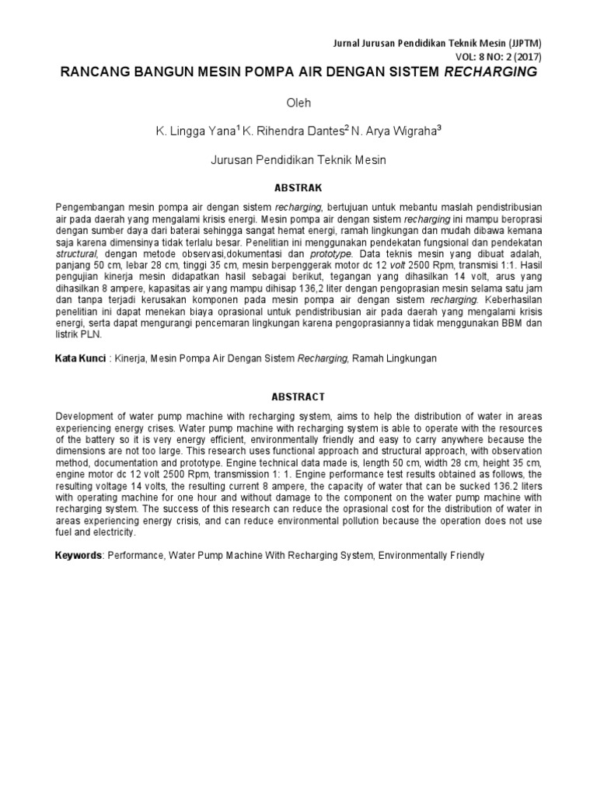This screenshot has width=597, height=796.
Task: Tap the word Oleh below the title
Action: [298, 102]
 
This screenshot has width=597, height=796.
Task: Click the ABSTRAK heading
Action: [298, 188]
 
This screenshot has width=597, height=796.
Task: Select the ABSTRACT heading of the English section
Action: [298, 396]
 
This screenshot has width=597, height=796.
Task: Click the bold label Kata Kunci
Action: [80, 359]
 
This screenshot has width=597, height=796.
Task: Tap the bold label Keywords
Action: [78, 556]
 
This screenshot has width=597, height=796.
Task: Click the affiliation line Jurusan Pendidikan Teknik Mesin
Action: [298, 160]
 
